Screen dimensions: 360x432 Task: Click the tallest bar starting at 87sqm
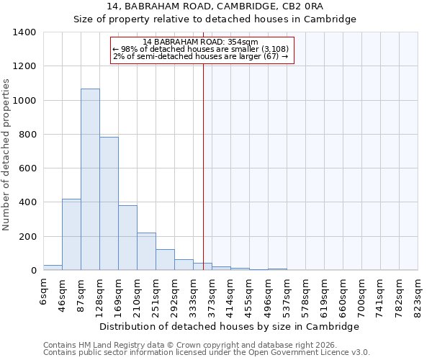point(90,180)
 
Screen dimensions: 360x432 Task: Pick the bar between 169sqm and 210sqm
point(127,238)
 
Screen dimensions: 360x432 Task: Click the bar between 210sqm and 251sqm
point(146,251)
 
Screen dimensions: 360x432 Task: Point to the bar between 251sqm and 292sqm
point(165,260)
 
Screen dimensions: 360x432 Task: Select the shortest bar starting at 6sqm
point(53,267)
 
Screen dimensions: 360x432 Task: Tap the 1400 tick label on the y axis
point(24,32)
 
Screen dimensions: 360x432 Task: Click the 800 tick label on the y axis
point(27,135)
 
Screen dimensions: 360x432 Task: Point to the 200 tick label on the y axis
point(27,237)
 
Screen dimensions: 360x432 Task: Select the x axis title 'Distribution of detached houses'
point(229,326)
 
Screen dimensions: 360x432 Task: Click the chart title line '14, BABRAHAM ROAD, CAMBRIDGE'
point(215,6)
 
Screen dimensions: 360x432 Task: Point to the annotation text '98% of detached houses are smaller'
point(201,49)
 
